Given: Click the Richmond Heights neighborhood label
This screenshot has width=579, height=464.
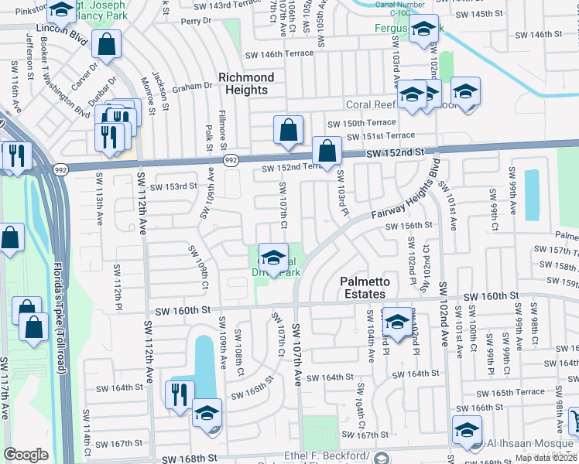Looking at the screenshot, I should coord(246,84).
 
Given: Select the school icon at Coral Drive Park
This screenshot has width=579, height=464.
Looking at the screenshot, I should coord(273,257).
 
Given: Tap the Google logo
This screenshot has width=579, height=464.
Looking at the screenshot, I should coord(26,455).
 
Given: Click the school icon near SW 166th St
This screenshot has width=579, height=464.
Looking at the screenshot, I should coord(468,429).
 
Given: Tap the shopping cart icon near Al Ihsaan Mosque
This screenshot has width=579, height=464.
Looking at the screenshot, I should coord(574,421).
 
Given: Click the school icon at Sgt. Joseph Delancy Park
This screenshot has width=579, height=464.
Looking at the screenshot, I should coord(60,10).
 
